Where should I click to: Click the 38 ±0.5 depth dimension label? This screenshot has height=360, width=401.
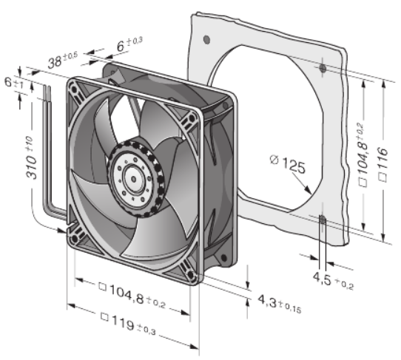(63, 60)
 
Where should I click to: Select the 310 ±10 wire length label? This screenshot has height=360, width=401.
(30, 157)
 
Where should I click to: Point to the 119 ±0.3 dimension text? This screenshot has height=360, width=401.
(128, 324)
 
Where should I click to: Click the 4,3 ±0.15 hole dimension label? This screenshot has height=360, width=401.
(280, 303)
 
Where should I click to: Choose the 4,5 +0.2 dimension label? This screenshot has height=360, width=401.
(333, 281)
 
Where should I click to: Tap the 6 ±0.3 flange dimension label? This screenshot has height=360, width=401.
(129, 44)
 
